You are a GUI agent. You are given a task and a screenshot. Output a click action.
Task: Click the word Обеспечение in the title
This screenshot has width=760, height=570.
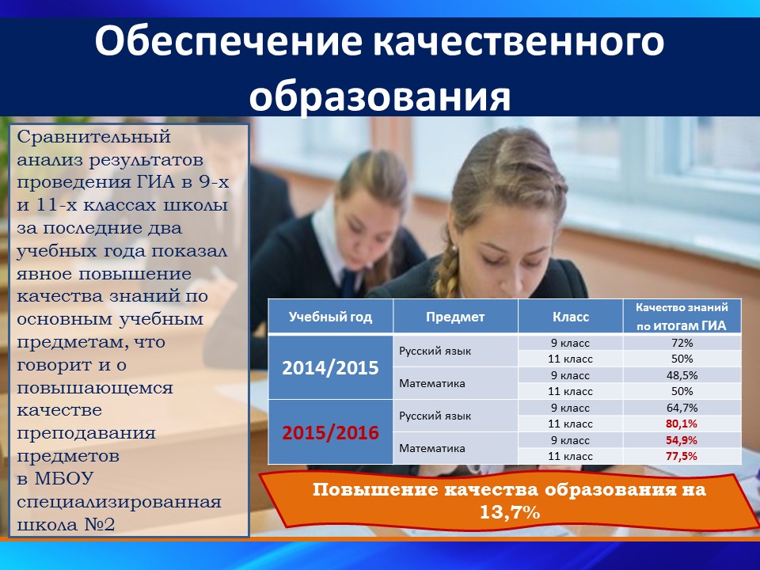(x=228, y=42)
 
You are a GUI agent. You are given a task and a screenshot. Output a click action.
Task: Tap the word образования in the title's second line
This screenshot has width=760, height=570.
(x=379, y=95)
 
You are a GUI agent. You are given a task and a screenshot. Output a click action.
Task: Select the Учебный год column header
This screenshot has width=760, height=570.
(x=330, y=317)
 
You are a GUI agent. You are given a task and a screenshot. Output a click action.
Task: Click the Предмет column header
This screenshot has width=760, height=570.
(x=455, y=317)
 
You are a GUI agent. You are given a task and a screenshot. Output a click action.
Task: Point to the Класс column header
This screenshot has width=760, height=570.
(x=571, y=317)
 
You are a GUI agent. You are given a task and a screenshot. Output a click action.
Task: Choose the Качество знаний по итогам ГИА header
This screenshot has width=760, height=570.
(x=682, y=317)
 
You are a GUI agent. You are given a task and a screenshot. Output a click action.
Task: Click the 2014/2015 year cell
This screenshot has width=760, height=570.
(x=330, y=368)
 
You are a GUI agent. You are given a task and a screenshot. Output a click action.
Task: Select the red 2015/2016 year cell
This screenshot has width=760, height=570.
(x=330, y=432)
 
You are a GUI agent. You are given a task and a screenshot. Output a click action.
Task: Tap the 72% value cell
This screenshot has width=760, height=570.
(x=682, y=343)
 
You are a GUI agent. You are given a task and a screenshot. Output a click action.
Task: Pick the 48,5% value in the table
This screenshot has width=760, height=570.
(x=682, y=375)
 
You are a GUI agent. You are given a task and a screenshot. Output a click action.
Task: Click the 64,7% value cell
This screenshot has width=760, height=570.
(x=682, y=408)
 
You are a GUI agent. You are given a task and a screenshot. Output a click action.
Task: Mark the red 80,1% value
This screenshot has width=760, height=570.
(x=682, y=424)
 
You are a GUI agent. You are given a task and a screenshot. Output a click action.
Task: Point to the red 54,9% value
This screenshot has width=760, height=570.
(x=682, y=440)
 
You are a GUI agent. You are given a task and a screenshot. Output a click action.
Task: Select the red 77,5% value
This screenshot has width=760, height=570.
(x=682, y=456)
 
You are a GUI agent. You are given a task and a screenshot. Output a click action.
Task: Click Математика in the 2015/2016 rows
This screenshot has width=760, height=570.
(x=432, y=448)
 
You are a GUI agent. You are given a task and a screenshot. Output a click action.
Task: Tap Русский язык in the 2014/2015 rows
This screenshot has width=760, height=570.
(x=435, y=351)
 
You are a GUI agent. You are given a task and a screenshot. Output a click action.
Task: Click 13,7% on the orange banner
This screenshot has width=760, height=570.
(x=509, y=512)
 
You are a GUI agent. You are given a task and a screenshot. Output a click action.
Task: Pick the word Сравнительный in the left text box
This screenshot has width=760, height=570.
(x=94, y=137)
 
